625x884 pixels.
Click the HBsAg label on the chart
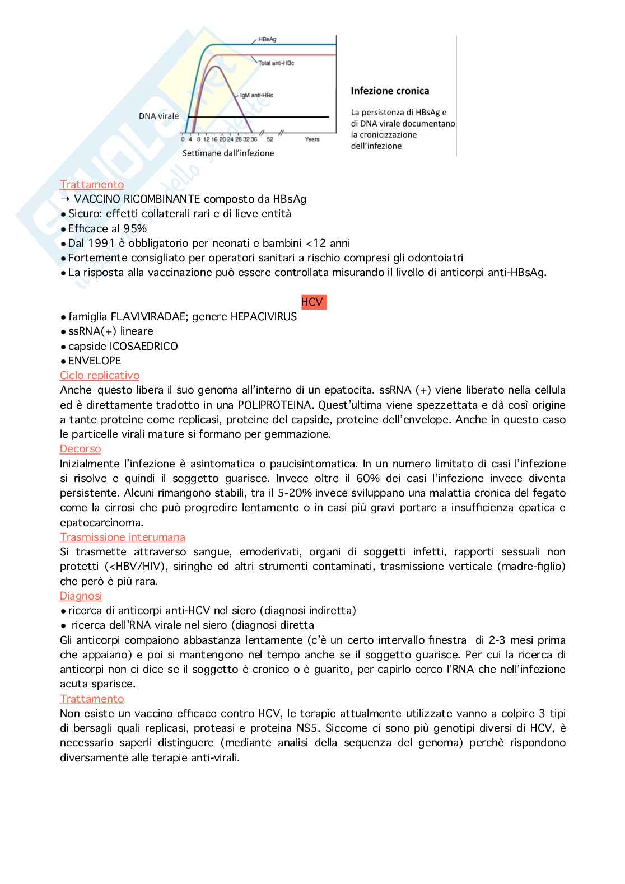(x=267, y=40)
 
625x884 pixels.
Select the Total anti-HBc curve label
(x=276, y=63)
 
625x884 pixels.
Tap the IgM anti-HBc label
(x=256, y=95)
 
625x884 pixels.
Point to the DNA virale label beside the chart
(x=159, y=116)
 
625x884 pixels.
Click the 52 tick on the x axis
(x=270, y=139)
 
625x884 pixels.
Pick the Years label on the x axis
(x=312, y=139)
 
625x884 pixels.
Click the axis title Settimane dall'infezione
(x=228, y=153)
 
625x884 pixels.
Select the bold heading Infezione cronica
(x=390, y=91)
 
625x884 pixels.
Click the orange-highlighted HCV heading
(x=312, y=302)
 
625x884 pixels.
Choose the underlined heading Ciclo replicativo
(x=100, y=375)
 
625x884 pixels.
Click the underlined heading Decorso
(x=81, y=448)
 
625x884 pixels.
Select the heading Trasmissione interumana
(x=123, y=537)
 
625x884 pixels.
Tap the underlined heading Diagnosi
(x=81, y=596)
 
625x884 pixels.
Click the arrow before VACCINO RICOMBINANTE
(x=65, y=199)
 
